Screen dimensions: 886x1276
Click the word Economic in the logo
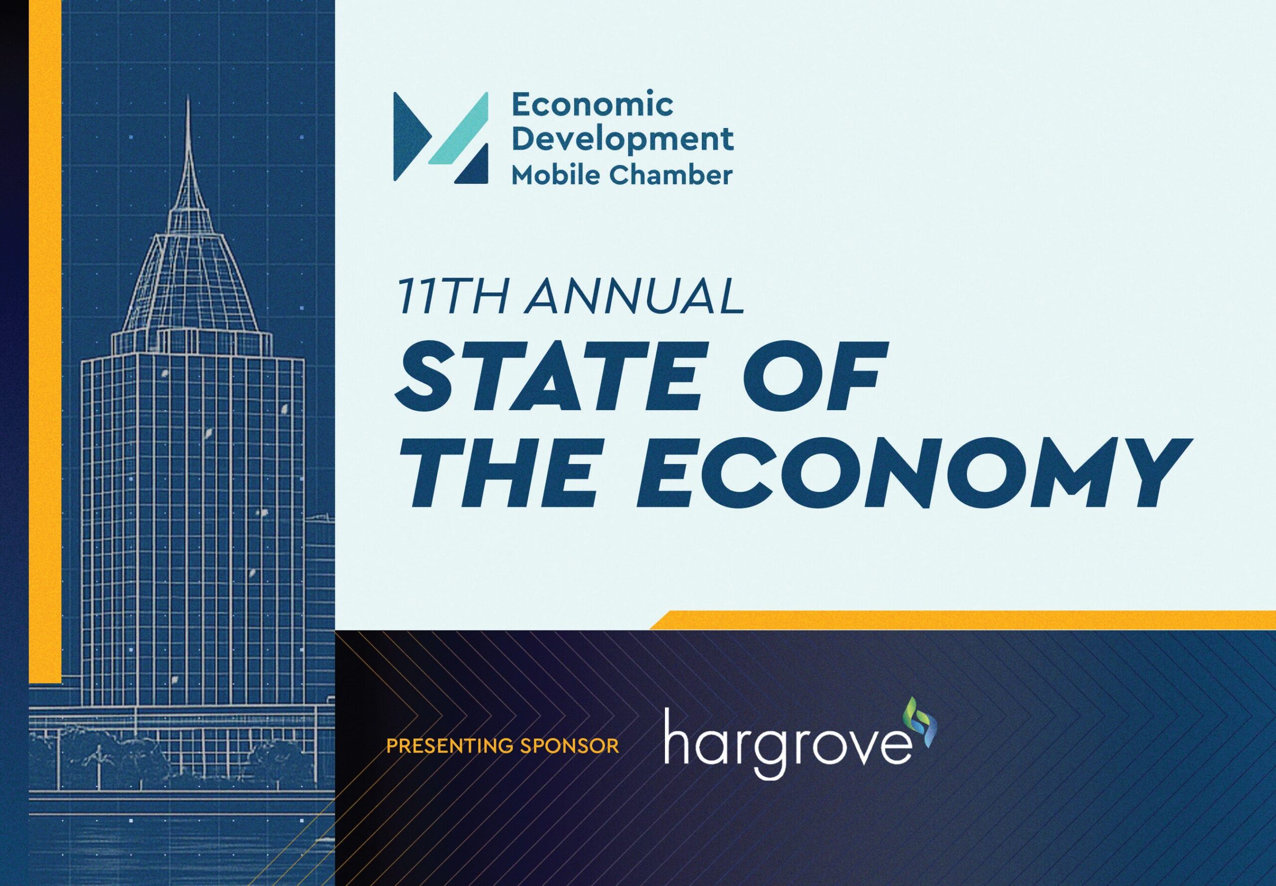point(592,106)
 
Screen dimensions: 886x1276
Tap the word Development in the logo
point(622,140)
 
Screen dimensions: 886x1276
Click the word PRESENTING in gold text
point(450,745)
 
